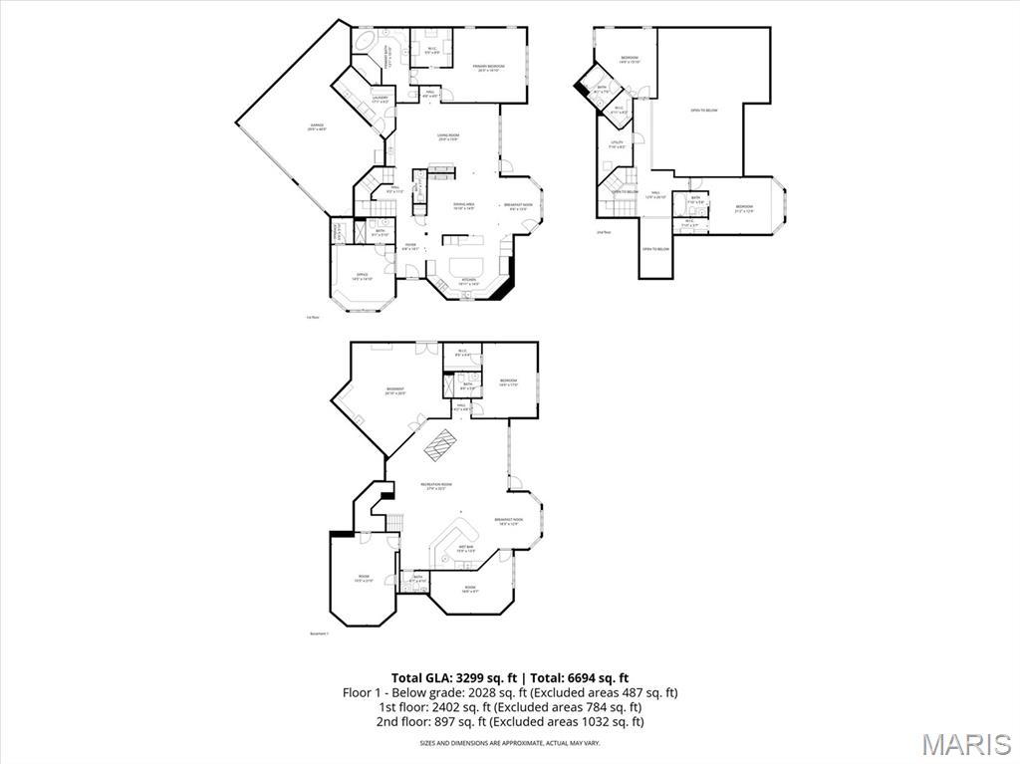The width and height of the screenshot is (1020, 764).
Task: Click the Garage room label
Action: (317, 127)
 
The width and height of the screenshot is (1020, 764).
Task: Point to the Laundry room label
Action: (380, 99)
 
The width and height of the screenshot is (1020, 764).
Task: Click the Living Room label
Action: (447, 136)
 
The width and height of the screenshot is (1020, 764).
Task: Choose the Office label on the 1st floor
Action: (363, 277)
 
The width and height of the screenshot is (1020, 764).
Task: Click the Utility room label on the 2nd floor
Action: (617, 144)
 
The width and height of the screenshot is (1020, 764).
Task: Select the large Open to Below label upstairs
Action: (704, 111)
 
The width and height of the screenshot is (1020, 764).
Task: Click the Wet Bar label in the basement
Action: (465, 548)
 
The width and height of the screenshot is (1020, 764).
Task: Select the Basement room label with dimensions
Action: (395, 390)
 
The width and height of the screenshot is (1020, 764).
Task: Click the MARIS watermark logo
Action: (965, 743)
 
